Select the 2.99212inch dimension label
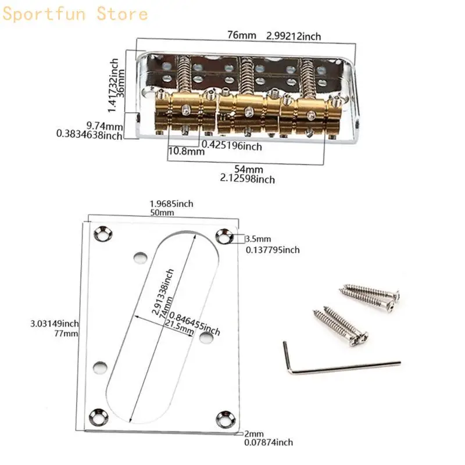(x=294, y=36)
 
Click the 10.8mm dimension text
(x=186, y=152)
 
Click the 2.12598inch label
(x=248, y=180)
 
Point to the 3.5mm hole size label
(x=258, y=239)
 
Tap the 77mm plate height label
(x=66, y=334)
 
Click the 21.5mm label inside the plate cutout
(x=179, y=330)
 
